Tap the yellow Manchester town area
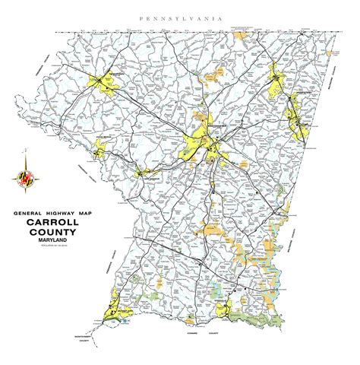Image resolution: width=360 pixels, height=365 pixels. point(278,79)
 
